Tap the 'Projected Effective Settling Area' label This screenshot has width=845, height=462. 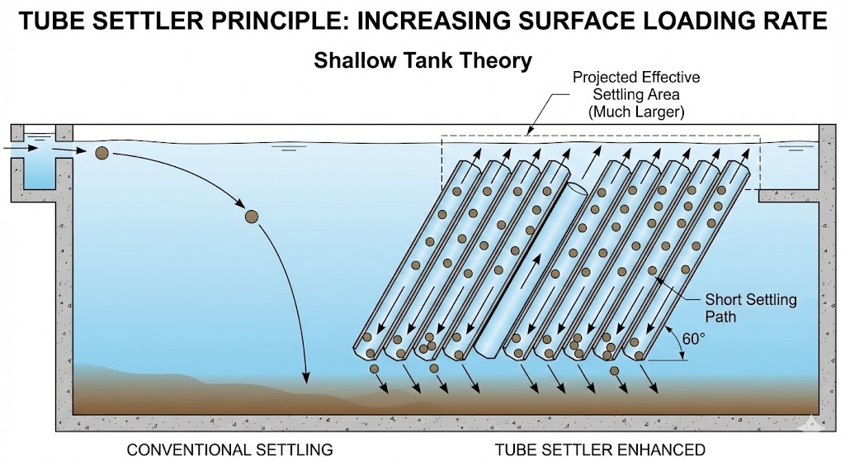636,85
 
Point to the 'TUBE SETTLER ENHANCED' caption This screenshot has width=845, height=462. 600,450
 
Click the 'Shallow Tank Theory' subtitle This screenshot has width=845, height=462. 422,61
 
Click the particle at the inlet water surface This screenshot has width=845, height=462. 101,153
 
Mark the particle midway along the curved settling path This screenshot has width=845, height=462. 253,217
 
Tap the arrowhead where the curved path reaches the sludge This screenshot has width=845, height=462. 306,379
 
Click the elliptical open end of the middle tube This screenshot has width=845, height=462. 575,189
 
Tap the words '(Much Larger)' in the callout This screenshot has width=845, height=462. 636,110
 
